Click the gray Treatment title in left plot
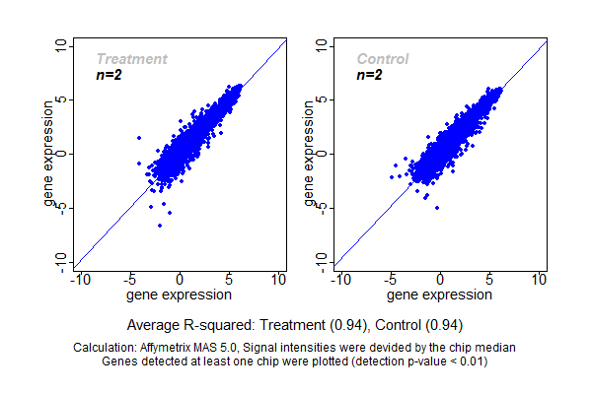(131, 59)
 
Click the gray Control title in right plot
(382, 59)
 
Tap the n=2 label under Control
(369, 75)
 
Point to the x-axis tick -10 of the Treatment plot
(79, 280)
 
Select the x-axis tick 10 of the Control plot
(539, 280)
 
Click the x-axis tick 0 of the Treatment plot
(181, 280)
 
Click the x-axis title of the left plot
(181, 295)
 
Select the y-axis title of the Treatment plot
(49, 155)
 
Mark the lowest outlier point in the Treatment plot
(160, 226)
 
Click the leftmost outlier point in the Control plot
(392, 177)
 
